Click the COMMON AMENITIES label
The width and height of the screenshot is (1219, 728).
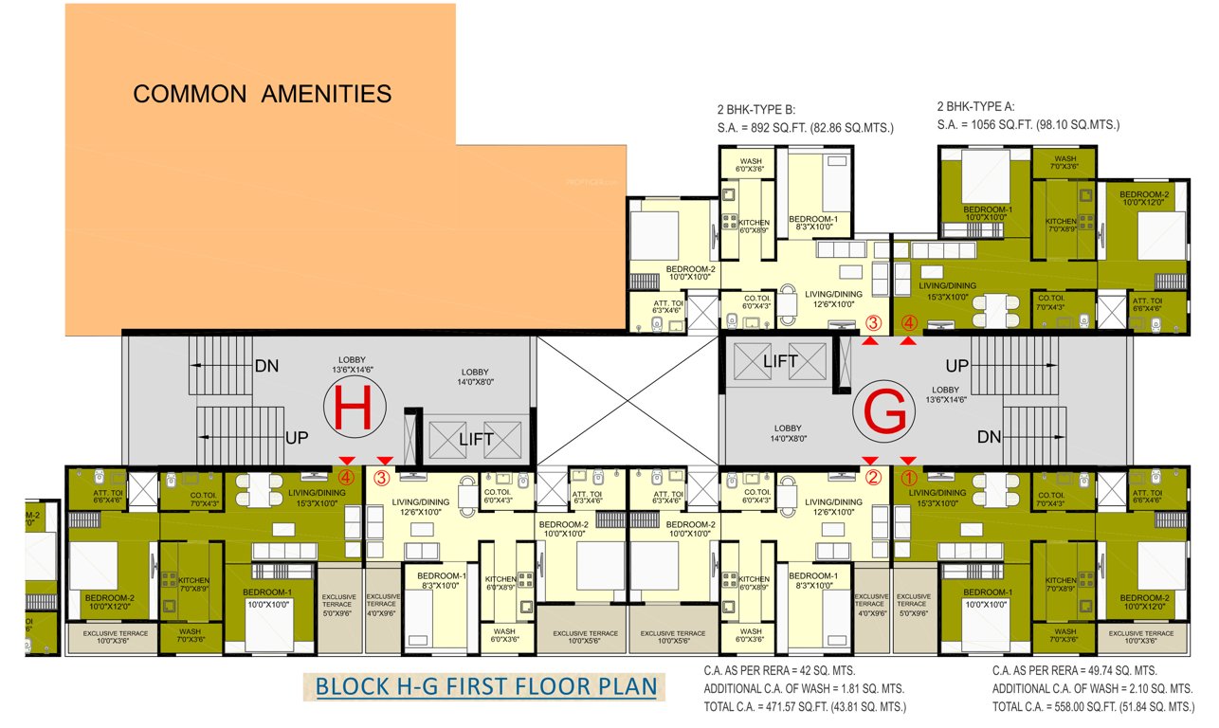(262, 94)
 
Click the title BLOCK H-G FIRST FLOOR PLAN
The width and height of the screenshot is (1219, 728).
(486, 686)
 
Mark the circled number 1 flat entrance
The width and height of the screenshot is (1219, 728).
(908, 478)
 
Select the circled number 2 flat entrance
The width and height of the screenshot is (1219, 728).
(873, 478)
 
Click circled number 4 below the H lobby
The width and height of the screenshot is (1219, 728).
(347, 477)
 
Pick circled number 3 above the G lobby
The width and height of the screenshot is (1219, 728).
(873, 323)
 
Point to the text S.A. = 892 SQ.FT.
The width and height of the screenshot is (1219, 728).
(806, 126)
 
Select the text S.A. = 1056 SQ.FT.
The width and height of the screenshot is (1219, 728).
(1028, 125)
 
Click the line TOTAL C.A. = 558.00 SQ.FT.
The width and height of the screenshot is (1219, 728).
(1093, 707)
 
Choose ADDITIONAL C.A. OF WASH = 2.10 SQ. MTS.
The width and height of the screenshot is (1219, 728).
(1092, 688)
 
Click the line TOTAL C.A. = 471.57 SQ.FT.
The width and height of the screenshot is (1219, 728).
(805, 707)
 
